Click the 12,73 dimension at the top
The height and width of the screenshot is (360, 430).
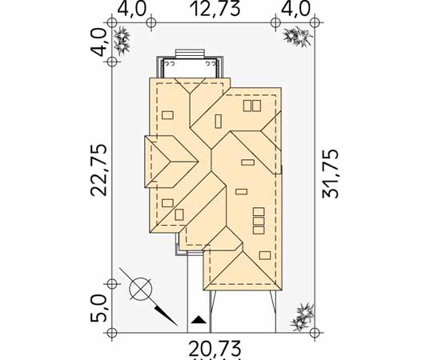click(215, 9)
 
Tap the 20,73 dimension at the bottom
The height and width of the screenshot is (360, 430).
click(215, 348)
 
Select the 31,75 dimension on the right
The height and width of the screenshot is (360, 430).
click(331, 174)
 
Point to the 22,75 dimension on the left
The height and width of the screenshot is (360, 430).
click(98, 170)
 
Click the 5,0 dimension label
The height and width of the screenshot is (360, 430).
click(98, 308)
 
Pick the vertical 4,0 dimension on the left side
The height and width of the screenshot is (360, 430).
click(98, 42)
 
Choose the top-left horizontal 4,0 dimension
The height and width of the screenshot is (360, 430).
click(131, 9)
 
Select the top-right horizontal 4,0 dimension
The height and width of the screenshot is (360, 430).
click(296, 9)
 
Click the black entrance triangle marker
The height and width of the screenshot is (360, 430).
click(199, 320)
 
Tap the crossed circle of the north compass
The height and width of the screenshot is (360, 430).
click(141, 289)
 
